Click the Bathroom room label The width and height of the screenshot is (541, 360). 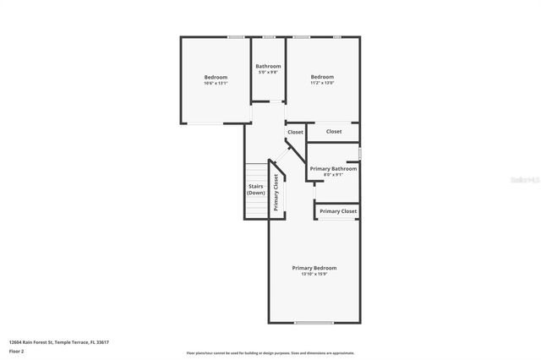click(269, 66)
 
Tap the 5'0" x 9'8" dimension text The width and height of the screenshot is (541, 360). click(269, 72)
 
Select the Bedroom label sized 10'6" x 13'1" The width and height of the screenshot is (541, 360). click(216, 77)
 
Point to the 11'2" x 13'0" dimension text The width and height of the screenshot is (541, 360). click(322, 83)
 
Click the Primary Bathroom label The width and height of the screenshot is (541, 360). click(333, 169)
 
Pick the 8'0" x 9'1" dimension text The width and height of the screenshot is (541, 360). click(333, 175)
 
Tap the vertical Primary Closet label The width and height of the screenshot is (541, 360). click(276, 191)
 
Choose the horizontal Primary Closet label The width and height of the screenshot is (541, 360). click(338, 211)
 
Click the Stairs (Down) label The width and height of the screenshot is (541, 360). click(256, 189)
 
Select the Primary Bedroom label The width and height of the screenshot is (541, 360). click(314, 268)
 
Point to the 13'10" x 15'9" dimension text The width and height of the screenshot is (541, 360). click(314, 274)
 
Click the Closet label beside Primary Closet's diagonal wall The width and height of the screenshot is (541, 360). click(295, 132)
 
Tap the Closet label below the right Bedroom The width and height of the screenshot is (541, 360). click(334, 132)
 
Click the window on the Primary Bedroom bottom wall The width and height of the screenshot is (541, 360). click(314, 322)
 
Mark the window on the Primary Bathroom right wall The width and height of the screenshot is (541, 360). click(360, 154)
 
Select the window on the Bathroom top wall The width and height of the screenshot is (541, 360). click(269, 37)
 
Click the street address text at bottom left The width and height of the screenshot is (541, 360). click(59, 342)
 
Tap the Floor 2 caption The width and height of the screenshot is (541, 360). click(17, 351)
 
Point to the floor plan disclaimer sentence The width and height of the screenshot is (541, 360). click(270, 353)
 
